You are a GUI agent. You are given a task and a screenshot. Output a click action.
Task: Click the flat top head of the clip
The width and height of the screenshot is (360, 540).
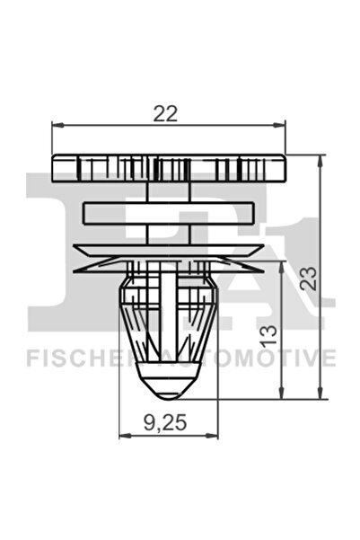168,167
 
